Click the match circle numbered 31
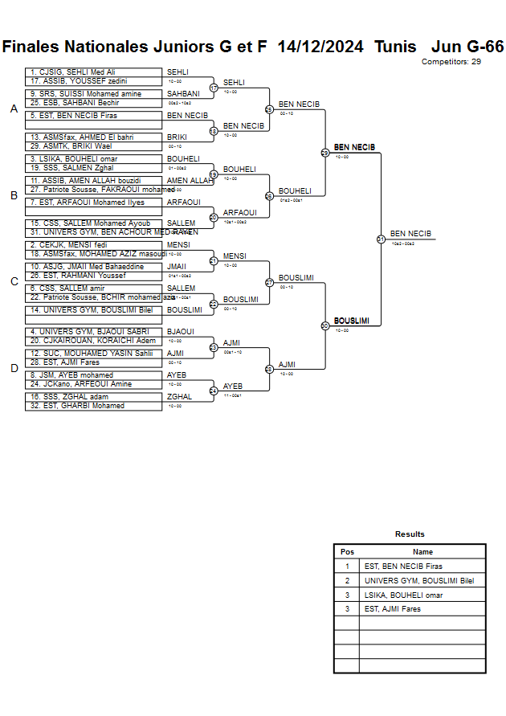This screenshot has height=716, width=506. point(381,239)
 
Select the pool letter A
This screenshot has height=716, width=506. point(14,109)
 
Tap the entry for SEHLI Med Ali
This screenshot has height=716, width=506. point(93,72)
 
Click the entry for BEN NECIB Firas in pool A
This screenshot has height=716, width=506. point(93,116)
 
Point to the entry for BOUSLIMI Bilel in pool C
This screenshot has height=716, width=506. point(93,309)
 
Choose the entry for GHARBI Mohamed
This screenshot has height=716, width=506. point(93,406)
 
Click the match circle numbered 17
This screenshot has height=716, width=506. point(214,88)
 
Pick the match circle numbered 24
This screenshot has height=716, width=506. point(214,391)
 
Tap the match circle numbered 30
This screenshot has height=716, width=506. point(325,325)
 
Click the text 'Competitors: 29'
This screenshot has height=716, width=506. point(451,61)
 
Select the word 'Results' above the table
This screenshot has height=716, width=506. point(410,534)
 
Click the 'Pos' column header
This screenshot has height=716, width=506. point(347,552)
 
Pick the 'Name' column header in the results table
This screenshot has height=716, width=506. point(422,552)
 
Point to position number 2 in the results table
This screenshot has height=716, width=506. point(347,581)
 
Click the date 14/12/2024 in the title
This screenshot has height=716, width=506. point(320,47)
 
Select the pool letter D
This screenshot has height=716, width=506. point(14,369)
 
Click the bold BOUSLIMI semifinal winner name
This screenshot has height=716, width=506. point(352,321)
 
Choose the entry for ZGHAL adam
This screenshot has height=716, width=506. point(93,396)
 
